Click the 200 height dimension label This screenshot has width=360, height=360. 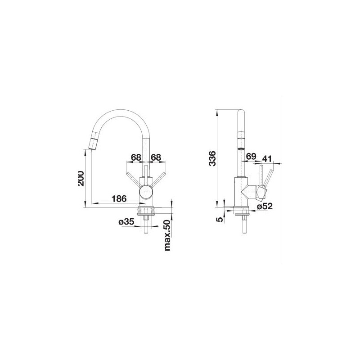click(81, 178)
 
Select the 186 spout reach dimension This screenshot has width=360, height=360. click(119, 198)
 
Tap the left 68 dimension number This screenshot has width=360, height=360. click(136, 157)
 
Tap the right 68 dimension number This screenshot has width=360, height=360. click(156, 157)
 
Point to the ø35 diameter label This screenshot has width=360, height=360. click(126, 221)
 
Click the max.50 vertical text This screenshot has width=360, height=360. click(168, 235)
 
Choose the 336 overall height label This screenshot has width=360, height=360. click(212, 158)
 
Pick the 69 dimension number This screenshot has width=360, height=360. click(251, 156)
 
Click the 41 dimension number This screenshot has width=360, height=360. click(267, 159)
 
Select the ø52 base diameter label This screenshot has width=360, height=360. click(265, 206)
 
